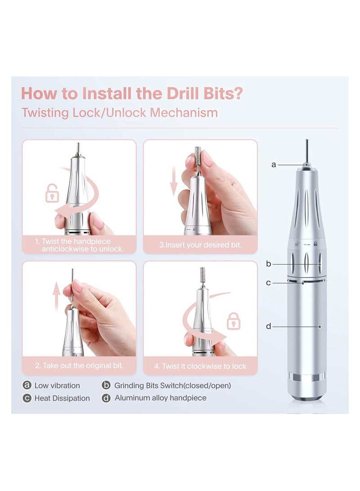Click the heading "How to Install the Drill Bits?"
(132, 93)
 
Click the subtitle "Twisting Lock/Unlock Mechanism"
(120, 113)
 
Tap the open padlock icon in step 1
(52, 194)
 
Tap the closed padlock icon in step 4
(234, 321)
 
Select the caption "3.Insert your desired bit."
(200, 245)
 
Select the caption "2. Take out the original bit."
(79, 366)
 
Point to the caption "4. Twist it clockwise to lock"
(200, 366)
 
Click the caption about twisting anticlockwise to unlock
(79, 245)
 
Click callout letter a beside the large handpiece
(274, 165)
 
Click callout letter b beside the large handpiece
(269, 264)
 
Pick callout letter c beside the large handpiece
(269, 283)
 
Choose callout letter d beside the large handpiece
(269, 326)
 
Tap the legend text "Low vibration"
(57, 385)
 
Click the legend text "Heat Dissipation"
(62, 398)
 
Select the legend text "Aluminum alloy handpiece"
(160, 398)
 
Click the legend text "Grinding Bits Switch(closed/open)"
(172, 385)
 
